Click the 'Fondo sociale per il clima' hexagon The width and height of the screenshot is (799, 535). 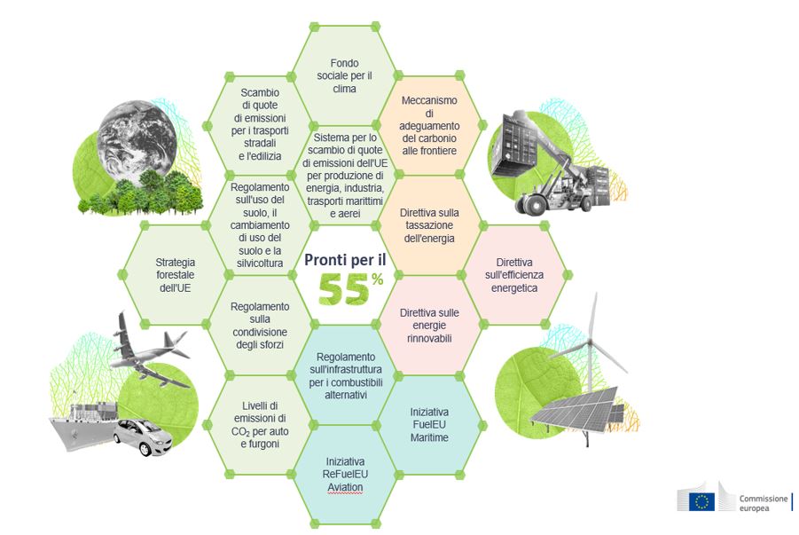pos(345,75)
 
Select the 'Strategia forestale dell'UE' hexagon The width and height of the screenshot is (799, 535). pos(175,275)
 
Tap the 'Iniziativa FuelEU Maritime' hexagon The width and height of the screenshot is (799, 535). pos(429,424)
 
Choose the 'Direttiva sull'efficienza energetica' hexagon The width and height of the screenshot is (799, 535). pos(514,275)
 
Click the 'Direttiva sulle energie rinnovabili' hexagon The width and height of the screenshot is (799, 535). pos(429,325)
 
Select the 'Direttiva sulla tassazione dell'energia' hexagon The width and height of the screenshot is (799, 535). pos(429,225)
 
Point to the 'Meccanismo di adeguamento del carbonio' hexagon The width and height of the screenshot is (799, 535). pos(429,125)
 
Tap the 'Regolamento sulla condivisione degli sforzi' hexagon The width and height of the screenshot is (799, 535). pos(260,325)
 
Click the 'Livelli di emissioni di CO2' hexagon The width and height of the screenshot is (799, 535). pos(260,424)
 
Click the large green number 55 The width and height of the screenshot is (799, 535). pos(343,290)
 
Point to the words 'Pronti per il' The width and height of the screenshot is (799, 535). pos(345,260)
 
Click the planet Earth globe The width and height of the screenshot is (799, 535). pos(137,138)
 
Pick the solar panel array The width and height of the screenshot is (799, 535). pos(576,410)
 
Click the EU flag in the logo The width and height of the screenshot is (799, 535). pos(701,502)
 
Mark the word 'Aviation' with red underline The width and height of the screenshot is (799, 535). pos(345,487)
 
